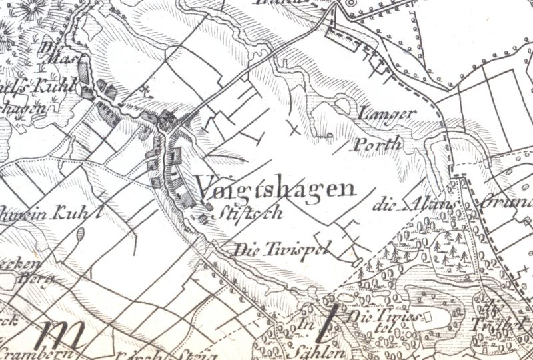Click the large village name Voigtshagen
point(275,189)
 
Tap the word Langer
point(387,114)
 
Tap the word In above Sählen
point(306,325)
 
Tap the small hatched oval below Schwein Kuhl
point(81,235)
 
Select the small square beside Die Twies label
point(429,315)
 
